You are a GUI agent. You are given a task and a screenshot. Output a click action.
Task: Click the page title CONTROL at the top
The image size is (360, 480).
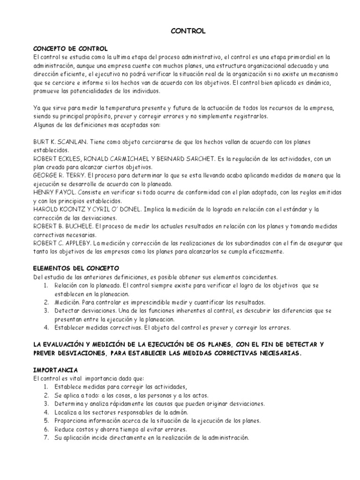point(180,31)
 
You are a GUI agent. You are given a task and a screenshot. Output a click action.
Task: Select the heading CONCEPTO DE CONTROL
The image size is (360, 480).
point(70,49)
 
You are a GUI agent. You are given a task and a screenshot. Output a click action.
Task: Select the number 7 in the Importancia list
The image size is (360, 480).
point(46,437)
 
